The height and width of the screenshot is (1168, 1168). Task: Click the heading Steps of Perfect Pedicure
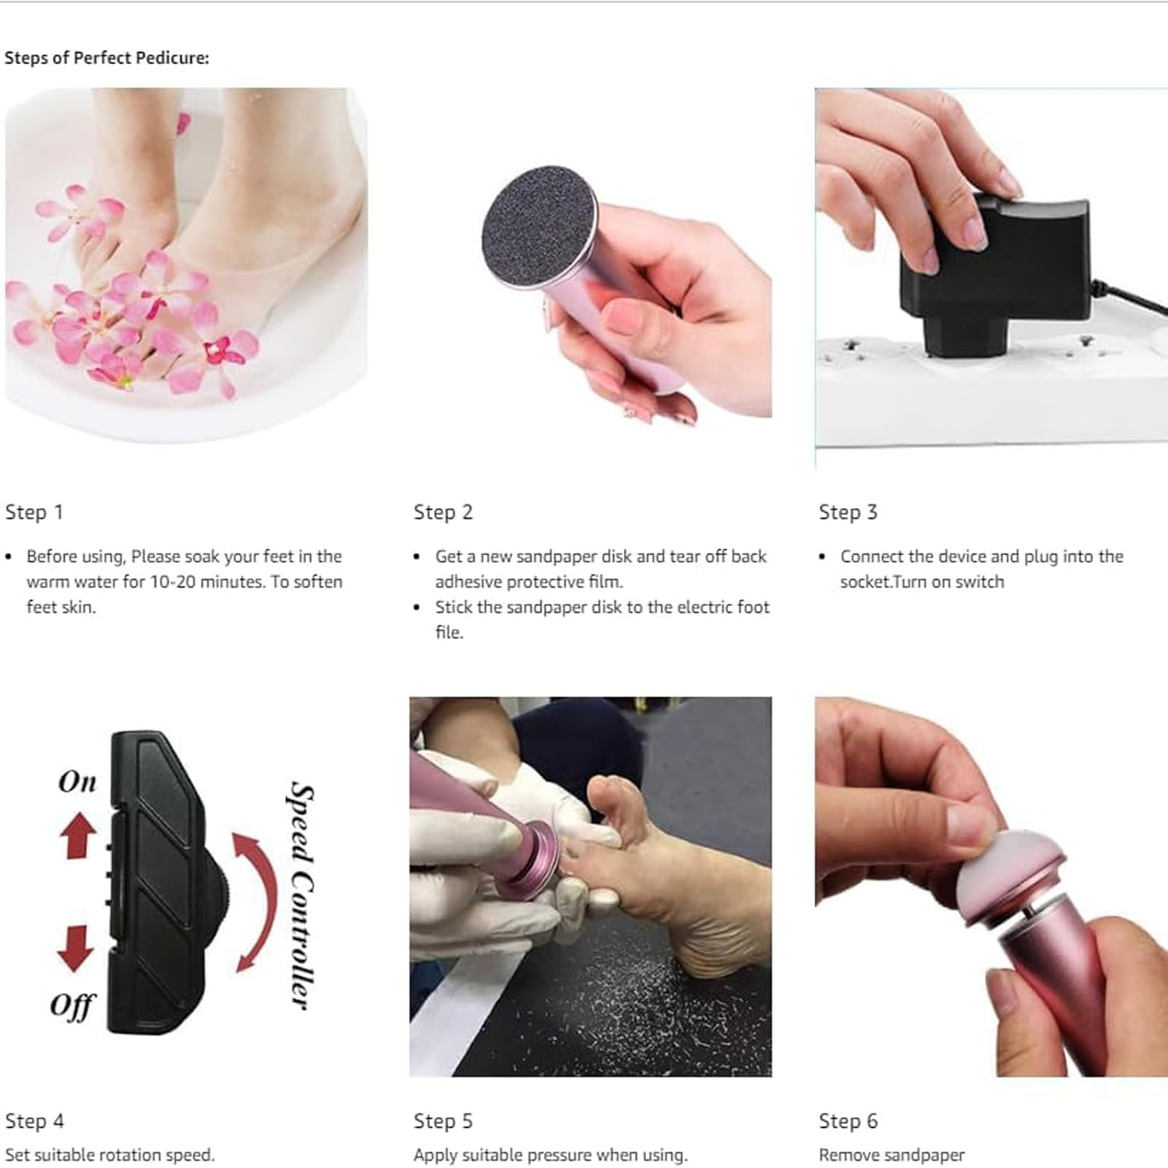tap(107, 58)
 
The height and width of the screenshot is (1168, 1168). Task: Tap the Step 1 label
tap(34, 512)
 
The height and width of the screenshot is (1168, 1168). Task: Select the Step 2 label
tap(443, 512)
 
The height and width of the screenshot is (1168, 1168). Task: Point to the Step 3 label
tap(848, 512)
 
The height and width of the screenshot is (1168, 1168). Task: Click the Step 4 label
tap(34, 1120)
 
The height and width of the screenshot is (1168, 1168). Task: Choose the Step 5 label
tap(443, 1120)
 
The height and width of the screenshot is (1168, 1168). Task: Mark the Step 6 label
tap(848, 1120)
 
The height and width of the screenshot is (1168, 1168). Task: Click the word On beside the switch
tap(77, 782)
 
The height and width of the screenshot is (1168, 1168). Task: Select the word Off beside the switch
tap(72, 1005)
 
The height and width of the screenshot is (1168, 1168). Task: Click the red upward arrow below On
tap(79, 835)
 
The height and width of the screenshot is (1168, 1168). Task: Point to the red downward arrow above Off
tap(76, 947)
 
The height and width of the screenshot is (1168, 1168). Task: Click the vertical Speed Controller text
tap(301, 896)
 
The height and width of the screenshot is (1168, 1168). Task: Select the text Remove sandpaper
tap(892, 1155)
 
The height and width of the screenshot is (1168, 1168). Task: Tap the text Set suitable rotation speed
tap(110, 1155)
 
